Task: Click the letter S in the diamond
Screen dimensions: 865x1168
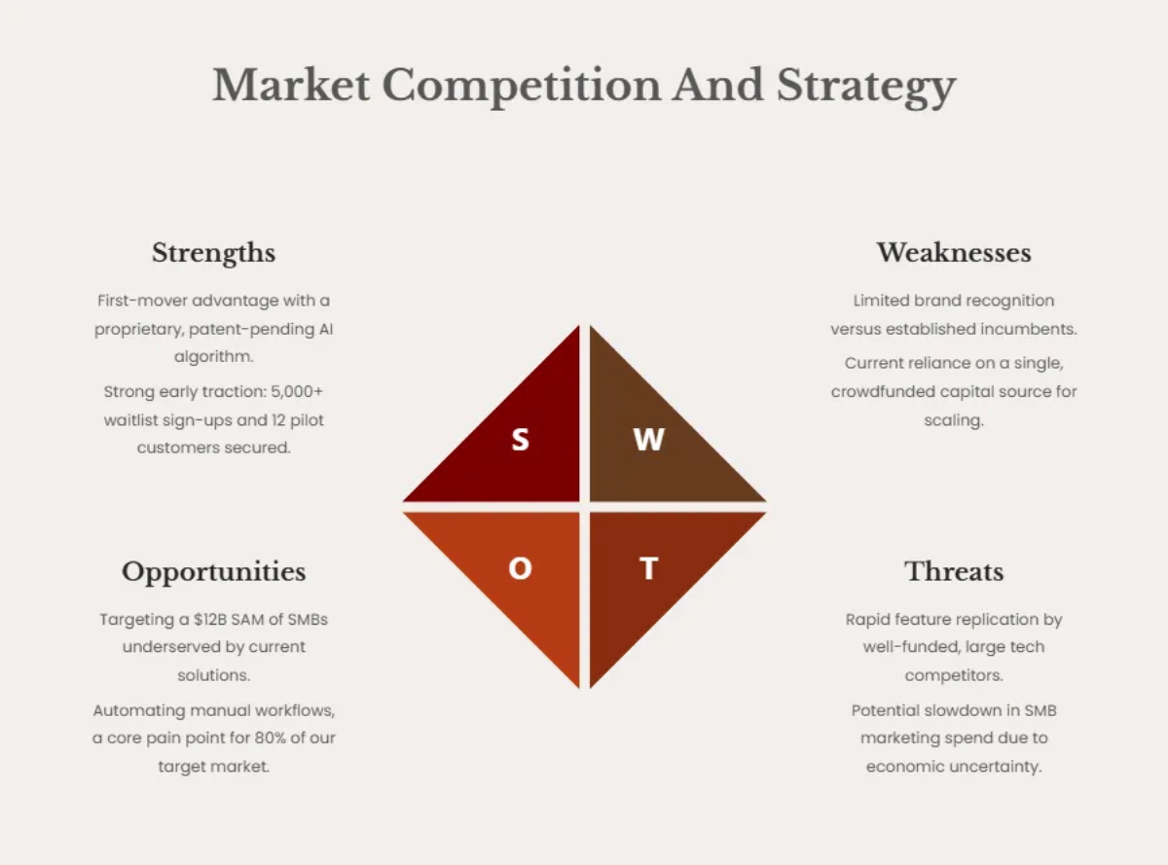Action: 521,440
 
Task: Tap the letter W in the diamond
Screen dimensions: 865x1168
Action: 648,440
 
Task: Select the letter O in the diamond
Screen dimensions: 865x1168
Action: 521,568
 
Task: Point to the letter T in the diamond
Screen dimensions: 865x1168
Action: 648,568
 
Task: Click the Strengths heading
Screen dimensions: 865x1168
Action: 213,253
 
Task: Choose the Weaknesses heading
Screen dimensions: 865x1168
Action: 954,253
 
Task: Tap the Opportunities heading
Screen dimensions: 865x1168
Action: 213,571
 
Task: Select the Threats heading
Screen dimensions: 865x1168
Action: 954,571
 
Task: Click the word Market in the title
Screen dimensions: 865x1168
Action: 291,86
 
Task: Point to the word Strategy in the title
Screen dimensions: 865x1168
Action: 866,88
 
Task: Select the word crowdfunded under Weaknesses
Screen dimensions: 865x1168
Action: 886,391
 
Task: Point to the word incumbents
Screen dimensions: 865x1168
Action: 1030,329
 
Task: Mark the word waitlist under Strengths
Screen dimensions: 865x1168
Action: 133,420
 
